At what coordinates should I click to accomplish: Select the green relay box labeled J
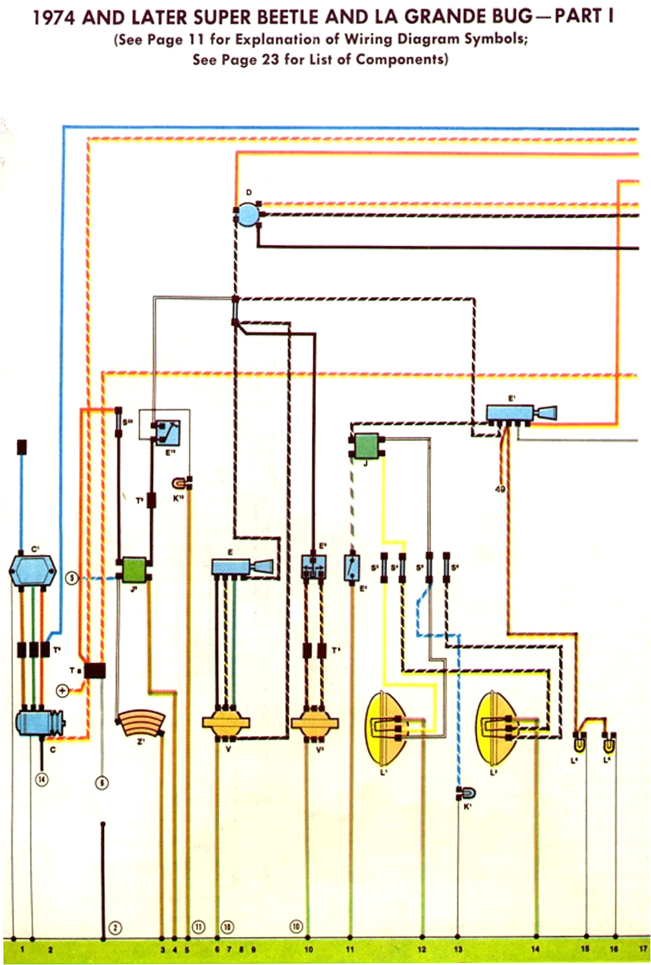click(366, 446)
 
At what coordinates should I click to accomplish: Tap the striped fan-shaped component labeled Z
click(141, 724)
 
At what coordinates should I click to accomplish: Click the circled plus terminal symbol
click(62, 691)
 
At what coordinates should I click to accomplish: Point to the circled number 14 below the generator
click(41, 779)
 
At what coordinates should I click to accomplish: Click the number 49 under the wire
click(500, 489)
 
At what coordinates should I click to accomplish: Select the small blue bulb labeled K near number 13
click(467, 794)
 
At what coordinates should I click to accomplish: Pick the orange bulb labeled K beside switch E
click(180, 482)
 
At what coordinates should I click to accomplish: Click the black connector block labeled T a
click(94, 670)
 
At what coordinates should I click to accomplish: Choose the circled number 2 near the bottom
click(115, 928)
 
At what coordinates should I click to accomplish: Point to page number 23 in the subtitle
click(270, 59)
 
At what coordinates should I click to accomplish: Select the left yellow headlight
click(384, 728)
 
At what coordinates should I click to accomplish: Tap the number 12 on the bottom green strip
click(422, 949)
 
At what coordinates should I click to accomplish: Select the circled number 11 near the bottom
click(198, 927)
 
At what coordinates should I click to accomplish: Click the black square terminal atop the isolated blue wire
click(22, 446)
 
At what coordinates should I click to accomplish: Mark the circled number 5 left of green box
click(72, 578)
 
